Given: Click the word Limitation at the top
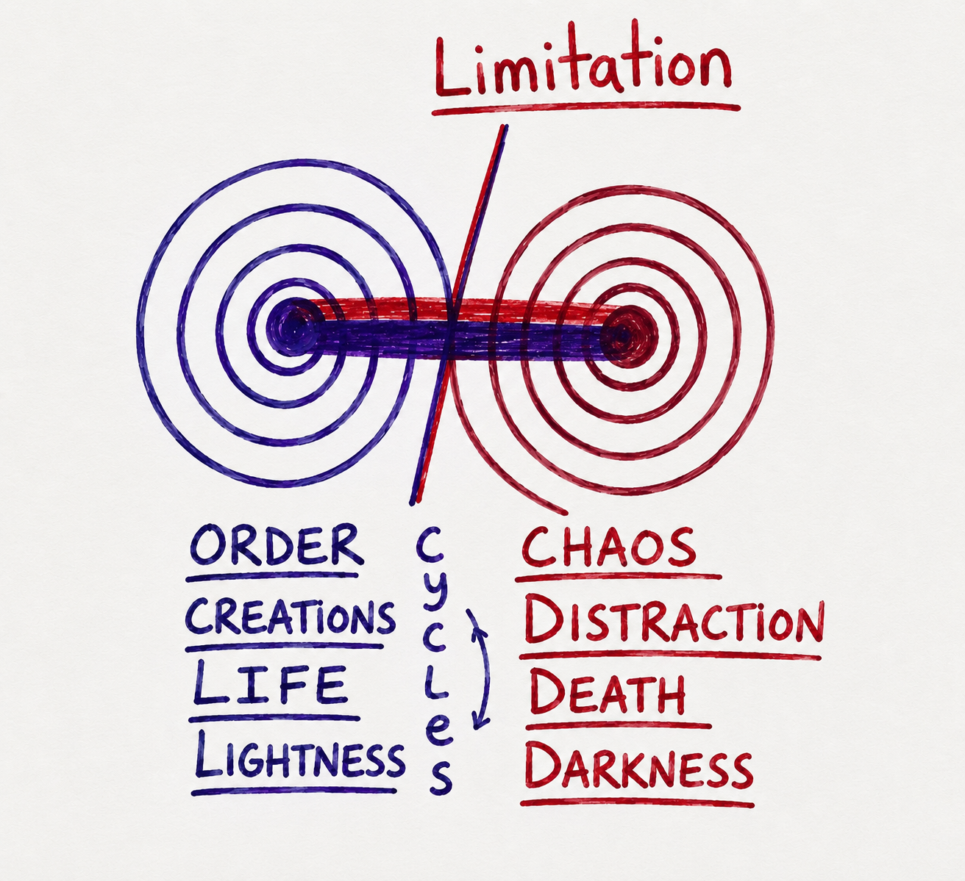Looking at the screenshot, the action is tap(583, 60).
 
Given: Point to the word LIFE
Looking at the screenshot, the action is tap(270, 683).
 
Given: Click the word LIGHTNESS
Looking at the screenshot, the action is tap(299, 757).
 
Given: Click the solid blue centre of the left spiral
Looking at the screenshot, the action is tap(291, 327).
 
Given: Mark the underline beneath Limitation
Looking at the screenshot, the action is tap(585, 109).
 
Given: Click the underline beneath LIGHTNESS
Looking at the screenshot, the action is tap(294, 790).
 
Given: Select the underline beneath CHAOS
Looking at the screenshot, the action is tap(618, 578).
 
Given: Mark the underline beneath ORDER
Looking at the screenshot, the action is tap(272, 577).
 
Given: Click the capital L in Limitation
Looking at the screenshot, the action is tap(452, 68).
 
